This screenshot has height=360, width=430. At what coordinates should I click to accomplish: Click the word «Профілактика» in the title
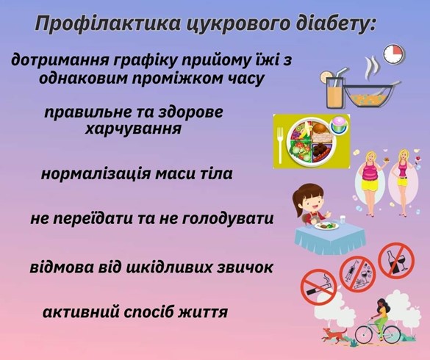tap(108, 24)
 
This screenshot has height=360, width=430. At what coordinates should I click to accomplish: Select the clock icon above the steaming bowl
tap(394, 54)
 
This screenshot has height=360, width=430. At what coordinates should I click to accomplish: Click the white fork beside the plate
tap(280, 145)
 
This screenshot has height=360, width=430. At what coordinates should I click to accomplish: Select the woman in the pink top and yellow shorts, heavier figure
tap(370, 181)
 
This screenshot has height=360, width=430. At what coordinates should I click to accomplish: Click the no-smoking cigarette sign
tap(318, 287)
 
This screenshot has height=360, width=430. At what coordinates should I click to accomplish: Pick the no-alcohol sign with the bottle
tap(396, 260)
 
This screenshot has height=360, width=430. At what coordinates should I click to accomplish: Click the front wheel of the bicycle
tap(392, 334)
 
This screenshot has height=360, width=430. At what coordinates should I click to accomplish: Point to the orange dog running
tap(333, 334)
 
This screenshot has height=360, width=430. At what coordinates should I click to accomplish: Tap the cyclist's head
tap(382, 303)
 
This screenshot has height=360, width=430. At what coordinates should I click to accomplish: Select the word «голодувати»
tap(228, 219)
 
